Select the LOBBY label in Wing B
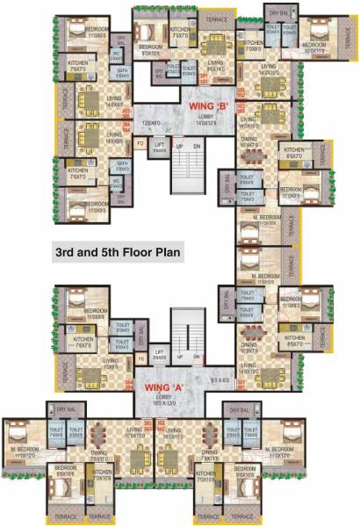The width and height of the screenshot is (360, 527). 207,118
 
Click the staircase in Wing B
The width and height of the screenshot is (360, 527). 185,166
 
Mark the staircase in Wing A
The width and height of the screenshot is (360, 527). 185,329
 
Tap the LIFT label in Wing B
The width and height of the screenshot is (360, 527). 160,148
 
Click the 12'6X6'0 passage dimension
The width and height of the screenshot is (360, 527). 153,123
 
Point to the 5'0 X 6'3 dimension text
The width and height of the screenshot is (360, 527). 219,380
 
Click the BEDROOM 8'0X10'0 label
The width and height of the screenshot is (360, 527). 151,49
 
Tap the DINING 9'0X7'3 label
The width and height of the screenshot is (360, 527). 248,348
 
